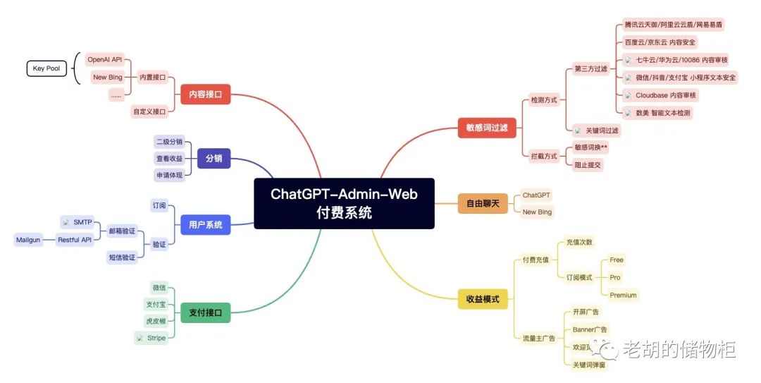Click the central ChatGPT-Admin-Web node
[343, 203]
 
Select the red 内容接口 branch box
[205, 94]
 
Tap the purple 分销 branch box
[214, 159]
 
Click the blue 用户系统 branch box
[205, 225]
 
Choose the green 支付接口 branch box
[205, 312]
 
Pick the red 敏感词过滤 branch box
[487, 128]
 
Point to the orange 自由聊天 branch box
[482, 204]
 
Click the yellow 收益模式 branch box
[483, 299]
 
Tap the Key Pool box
[47, 68]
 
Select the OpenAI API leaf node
[104, 59]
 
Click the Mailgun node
[31, 240]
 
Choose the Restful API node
[75, 240]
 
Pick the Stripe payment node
[152, 339]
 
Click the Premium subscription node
[623, 295]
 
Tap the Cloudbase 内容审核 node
[660, 95]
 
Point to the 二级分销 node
[169, 142]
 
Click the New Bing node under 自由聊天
[537, 212]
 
